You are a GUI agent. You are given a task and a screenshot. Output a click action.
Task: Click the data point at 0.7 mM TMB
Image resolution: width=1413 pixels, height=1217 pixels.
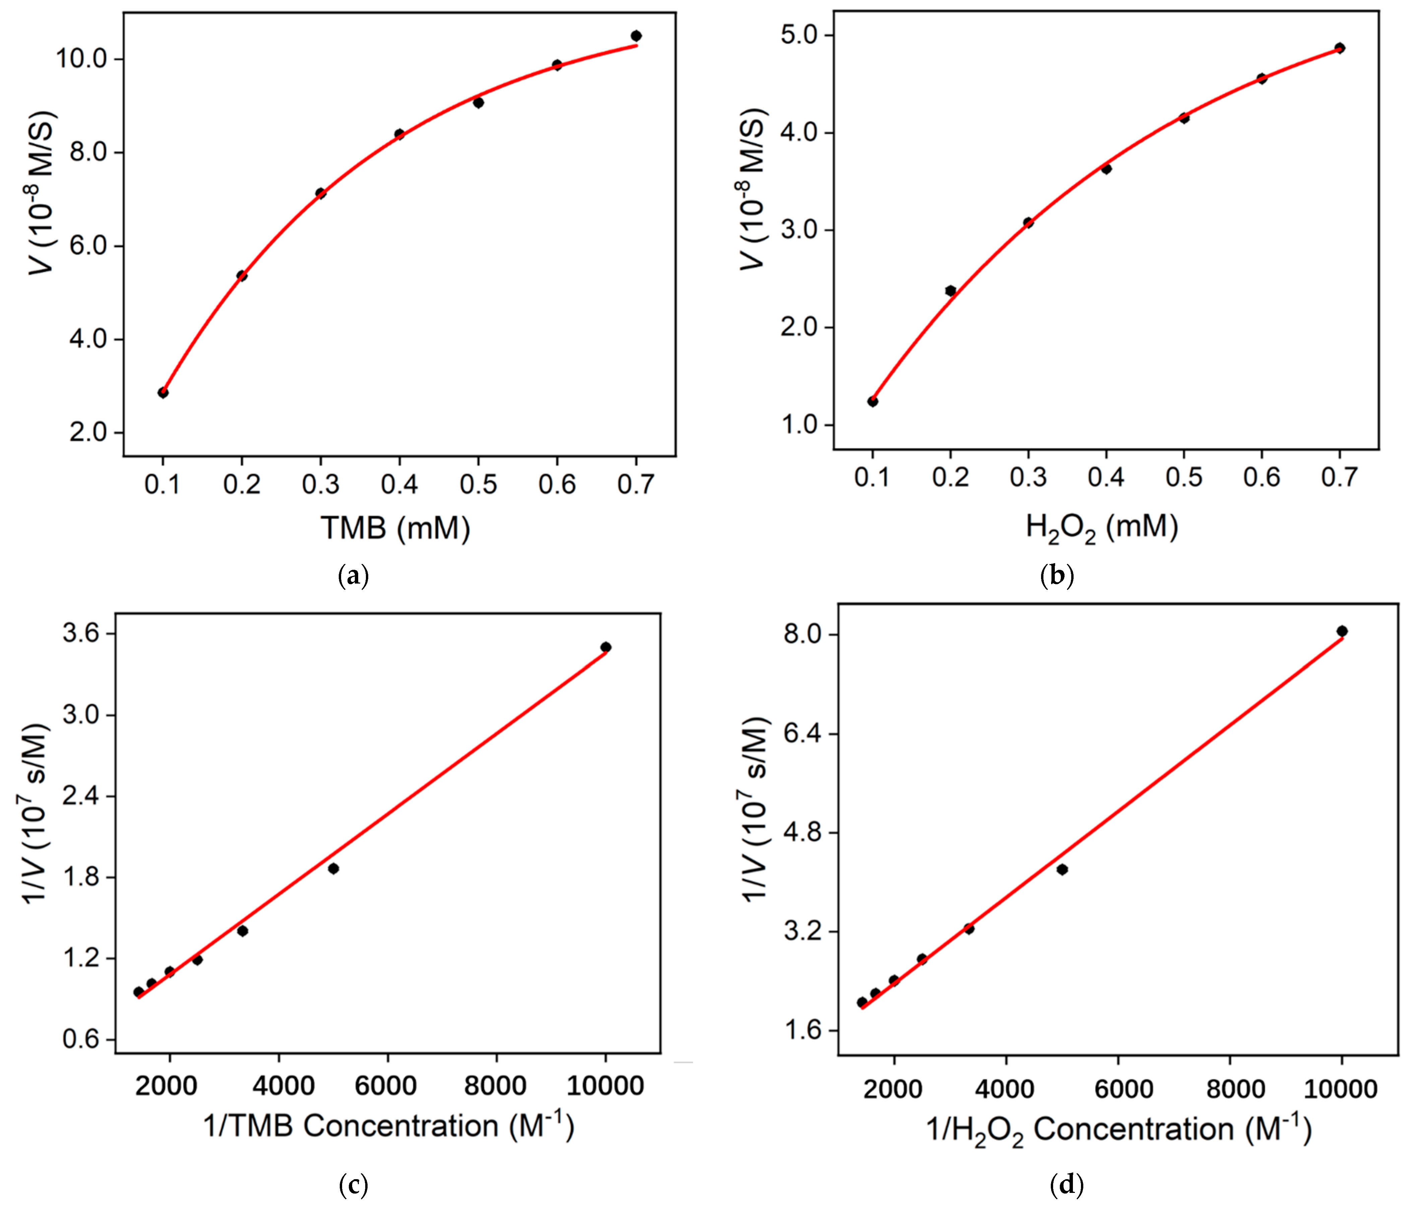636,36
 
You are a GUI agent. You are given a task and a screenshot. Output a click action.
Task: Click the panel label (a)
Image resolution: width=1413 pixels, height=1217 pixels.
353,576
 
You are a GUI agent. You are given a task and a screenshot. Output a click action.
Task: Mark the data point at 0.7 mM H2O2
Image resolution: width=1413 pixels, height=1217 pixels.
1339,48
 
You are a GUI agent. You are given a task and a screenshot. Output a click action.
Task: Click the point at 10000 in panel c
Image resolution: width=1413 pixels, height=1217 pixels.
605,647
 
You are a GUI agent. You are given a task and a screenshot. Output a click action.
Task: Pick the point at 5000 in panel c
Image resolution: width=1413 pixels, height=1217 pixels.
333,868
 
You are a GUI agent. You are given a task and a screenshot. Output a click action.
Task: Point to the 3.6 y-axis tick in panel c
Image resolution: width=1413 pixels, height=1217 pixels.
80,634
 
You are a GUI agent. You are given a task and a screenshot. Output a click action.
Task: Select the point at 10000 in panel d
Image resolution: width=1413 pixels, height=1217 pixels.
1341,631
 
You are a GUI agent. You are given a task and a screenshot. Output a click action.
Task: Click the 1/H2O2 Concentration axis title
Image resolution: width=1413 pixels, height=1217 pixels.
1118,1130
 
